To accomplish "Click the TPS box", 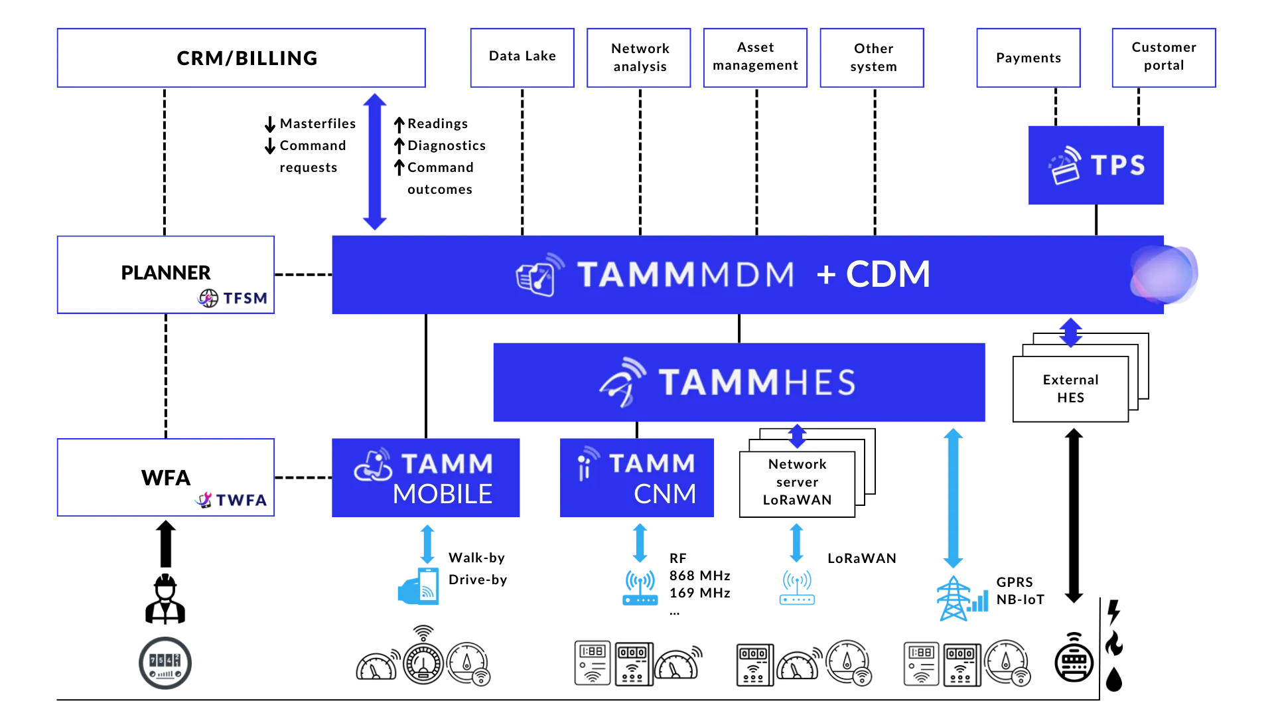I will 1096,165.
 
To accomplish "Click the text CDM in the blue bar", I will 888,274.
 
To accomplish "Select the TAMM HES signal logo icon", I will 622,382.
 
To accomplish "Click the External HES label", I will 1070,389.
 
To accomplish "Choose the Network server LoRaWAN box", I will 797,482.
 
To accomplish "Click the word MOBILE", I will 443,494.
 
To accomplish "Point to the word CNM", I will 665,494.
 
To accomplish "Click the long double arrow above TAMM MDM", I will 374,161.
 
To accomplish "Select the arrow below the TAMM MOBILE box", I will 427,544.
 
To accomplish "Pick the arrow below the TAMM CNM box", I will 640,544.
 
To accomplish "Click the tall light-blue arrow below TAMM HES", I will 954,497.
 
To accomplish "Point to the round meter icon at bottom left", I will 165,662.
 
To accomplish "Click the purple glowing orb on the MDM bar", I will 1165,275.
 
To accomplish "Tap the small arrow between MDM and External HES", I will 1070,331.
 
